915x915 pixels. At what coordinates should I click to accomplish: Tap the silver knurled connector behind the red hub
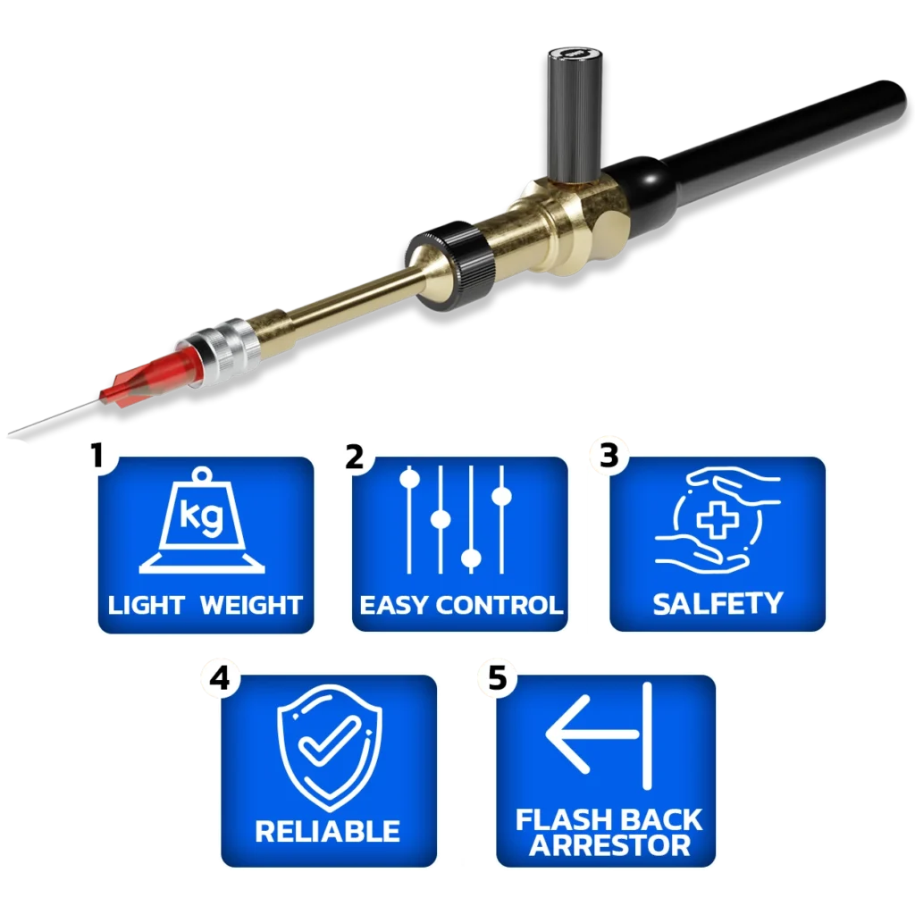pos(221,353)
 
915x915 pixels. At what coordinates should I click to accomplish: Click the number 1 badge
pos(97,456)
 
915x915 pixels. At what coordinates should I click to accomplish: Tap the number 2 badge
pos(354,457)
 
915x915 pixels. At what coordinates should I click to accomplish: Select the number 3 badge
pos(609,455)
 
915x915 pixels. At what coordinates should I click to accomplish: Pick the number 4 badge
pos(220,679)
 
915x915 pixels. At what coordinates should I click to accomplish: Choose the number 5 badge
pos(498,678)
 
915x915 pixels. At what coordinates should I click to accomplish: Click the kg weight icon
pos(202,520)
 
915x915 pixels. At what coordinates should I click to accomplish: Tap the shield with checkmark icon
pos(330,748)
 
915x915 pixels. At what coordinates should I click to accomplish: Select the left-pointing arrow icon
pos(599,735)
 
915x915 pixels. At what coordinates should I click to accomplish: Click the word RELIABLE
pos(327,831)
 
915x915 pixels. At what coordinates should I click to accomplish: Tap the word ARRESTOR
pos(609,845)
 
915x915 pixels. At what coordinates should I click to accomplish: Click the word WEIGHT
pos(251,605)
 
